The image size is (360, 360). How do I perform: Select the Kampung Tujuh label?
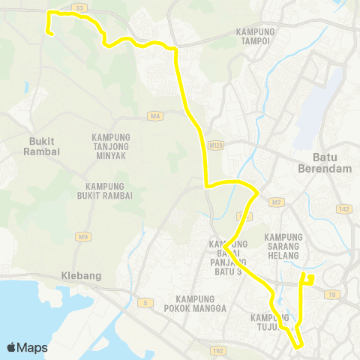(270, 322)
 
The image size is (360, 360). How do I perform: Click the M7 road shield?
(277, 202)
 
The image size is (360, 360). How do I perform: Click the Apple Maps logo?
(27, 347)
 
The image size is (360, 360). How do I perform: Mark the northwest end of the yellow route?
(49, 32)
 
